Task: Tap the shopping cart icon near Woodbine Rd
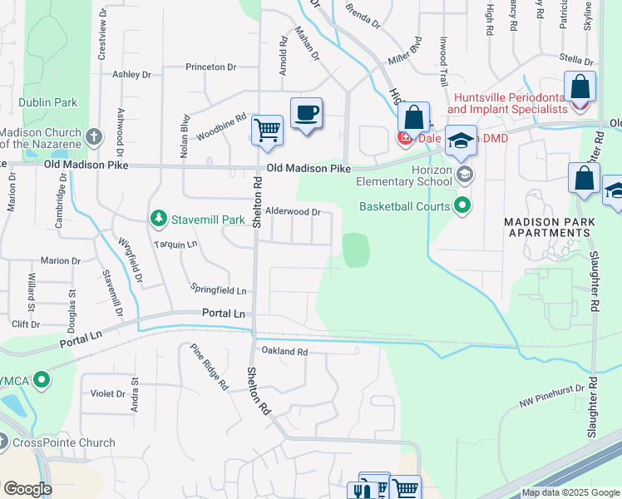click(x=267, y=130)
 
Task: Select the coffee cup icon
click(x=306, y=112)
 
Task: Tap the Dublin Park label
click(x=50, y=102)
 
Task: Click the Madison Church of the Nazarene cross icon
click(x=95, y=136)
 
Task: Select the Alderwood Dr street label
click(x=293, y=212)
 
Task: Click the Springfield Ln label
click(x=219, y=291)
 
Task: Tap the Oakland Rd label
click(x=284, y=352)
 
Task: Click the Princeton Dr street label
click(x=211, y=67)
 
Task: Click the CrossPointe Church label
click(x=63, y=442)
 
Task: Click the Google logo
click(x=27, y=488)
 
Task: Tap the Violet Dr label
click(x=107, y=393)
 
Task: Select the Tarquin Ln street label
click(x=175, y=245)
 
